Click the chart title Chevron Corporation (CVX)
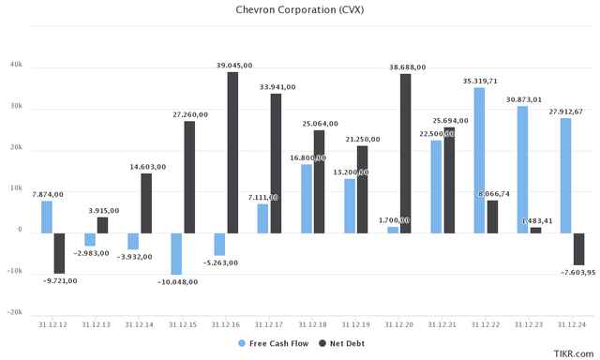(x=300, y=10)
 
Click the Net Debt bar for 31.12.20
(x=406, y=153)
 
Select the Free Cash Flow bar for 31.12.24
(x=565, y=174)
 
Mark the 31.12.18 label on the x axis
(x=314, y=323)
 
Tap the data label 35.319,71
(x=480, y=81)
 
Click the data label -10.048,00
(x=173, y=282)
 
